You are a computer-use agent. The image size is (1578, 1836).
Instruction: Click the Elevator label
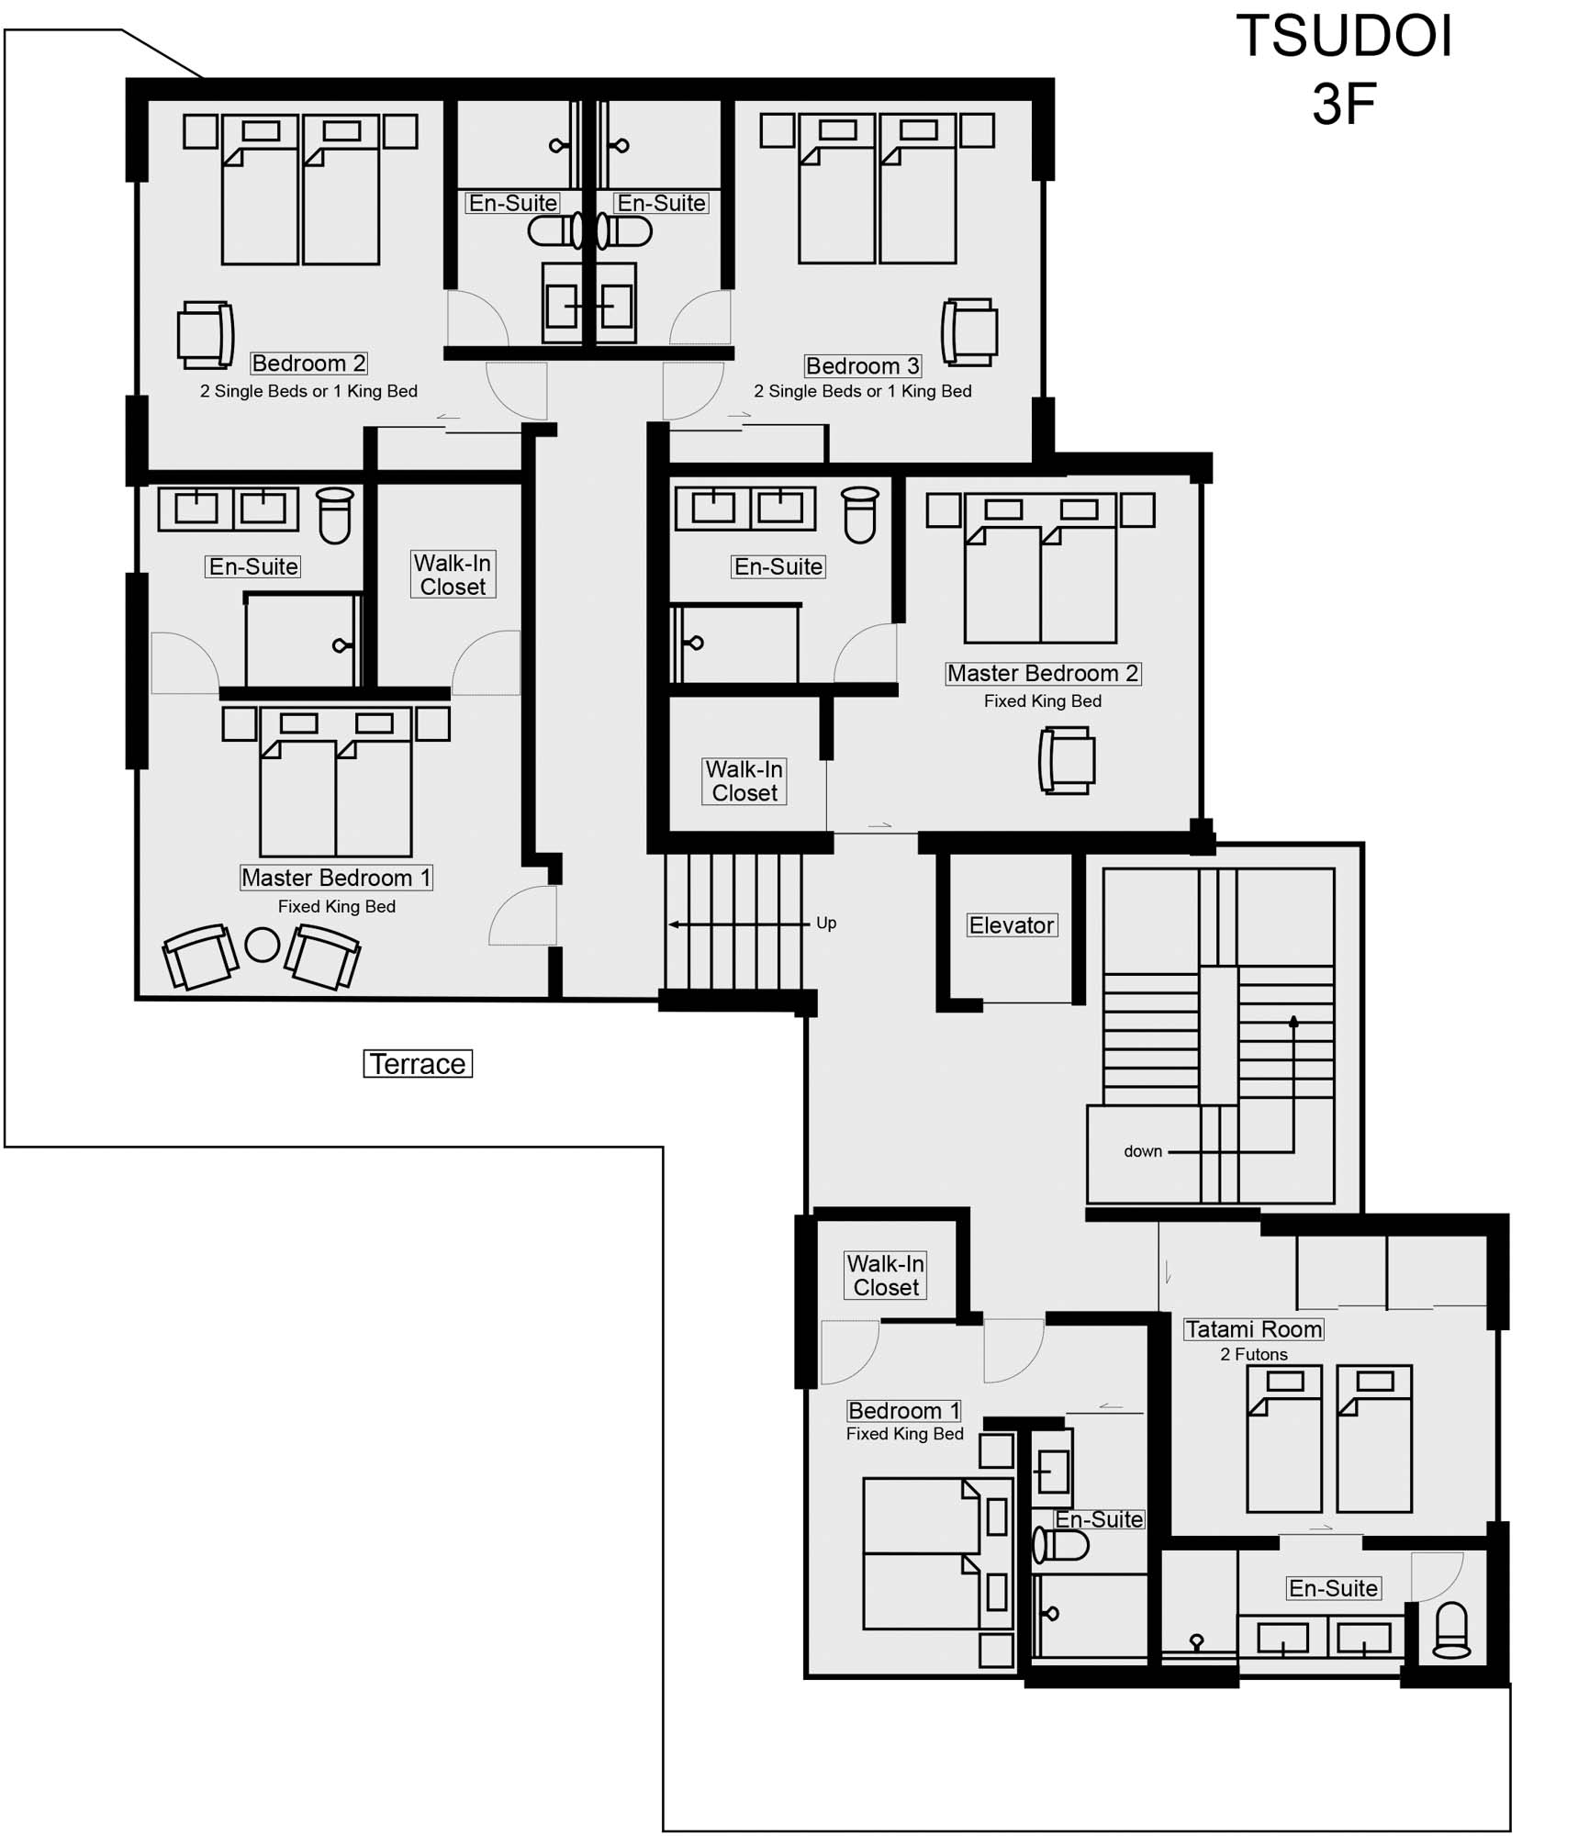click(x=1012, y=925)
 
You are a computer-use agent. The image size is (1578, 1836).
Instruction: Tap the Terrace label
click(x=418, y=1064)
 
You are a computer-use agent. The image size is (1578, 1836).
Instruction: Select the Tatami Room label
click(x=1253, y=1329)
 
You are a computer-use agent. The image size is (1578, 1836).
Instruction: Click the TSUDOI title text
click(x=1344, y=37)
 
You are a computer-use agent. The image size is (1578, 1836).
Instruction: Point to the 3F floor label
click(x=1344, y=104)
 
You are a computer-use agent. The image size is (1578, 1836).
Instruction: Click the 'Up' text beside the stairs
click(x=826, y=924)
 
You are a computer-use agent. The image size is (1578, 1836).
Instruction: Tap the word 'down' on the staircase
click(x=1143, y=1151)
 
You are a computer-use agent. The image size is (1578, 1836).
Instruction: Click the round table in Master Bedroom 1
click(x=263, y=945)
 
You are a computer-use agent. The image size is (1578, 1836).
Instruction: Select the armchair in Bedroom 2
click(x=206, y=334)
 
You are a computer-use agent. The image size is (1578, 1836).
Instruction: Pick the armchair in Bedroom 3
click(x=969, y=331)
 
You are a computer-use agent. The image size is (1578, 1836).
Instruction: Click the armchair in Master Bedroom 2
click(x=1067, y=760)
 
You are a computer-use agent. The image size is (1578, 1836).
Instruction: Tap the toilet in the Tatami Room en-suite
click(x=1451, y=1629)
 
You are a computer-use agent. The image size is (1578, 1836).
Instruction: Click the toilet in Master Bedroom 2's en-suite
click(x=860, y=515)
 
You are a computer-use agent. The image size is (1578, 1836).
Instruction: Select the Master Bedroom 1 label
click(x=336, y=878)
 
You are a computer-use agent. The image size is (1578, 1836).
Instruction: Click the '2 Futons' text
click(x=1254, y=1354)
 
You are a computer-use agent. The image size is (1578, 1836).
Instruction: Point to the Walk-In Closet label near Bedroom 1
click(x=886, y=1275)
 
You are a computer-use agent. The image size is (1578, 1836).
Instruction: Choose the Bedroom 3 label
click(x=863, y=365)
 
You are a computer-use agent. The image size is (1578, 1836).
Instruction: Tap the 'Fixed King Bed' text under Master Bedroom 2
click(x=1043, y=700)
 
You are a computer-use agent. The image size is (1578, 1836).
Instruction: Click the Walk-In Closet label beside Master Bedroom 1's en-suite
click(x=453, y=575)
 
